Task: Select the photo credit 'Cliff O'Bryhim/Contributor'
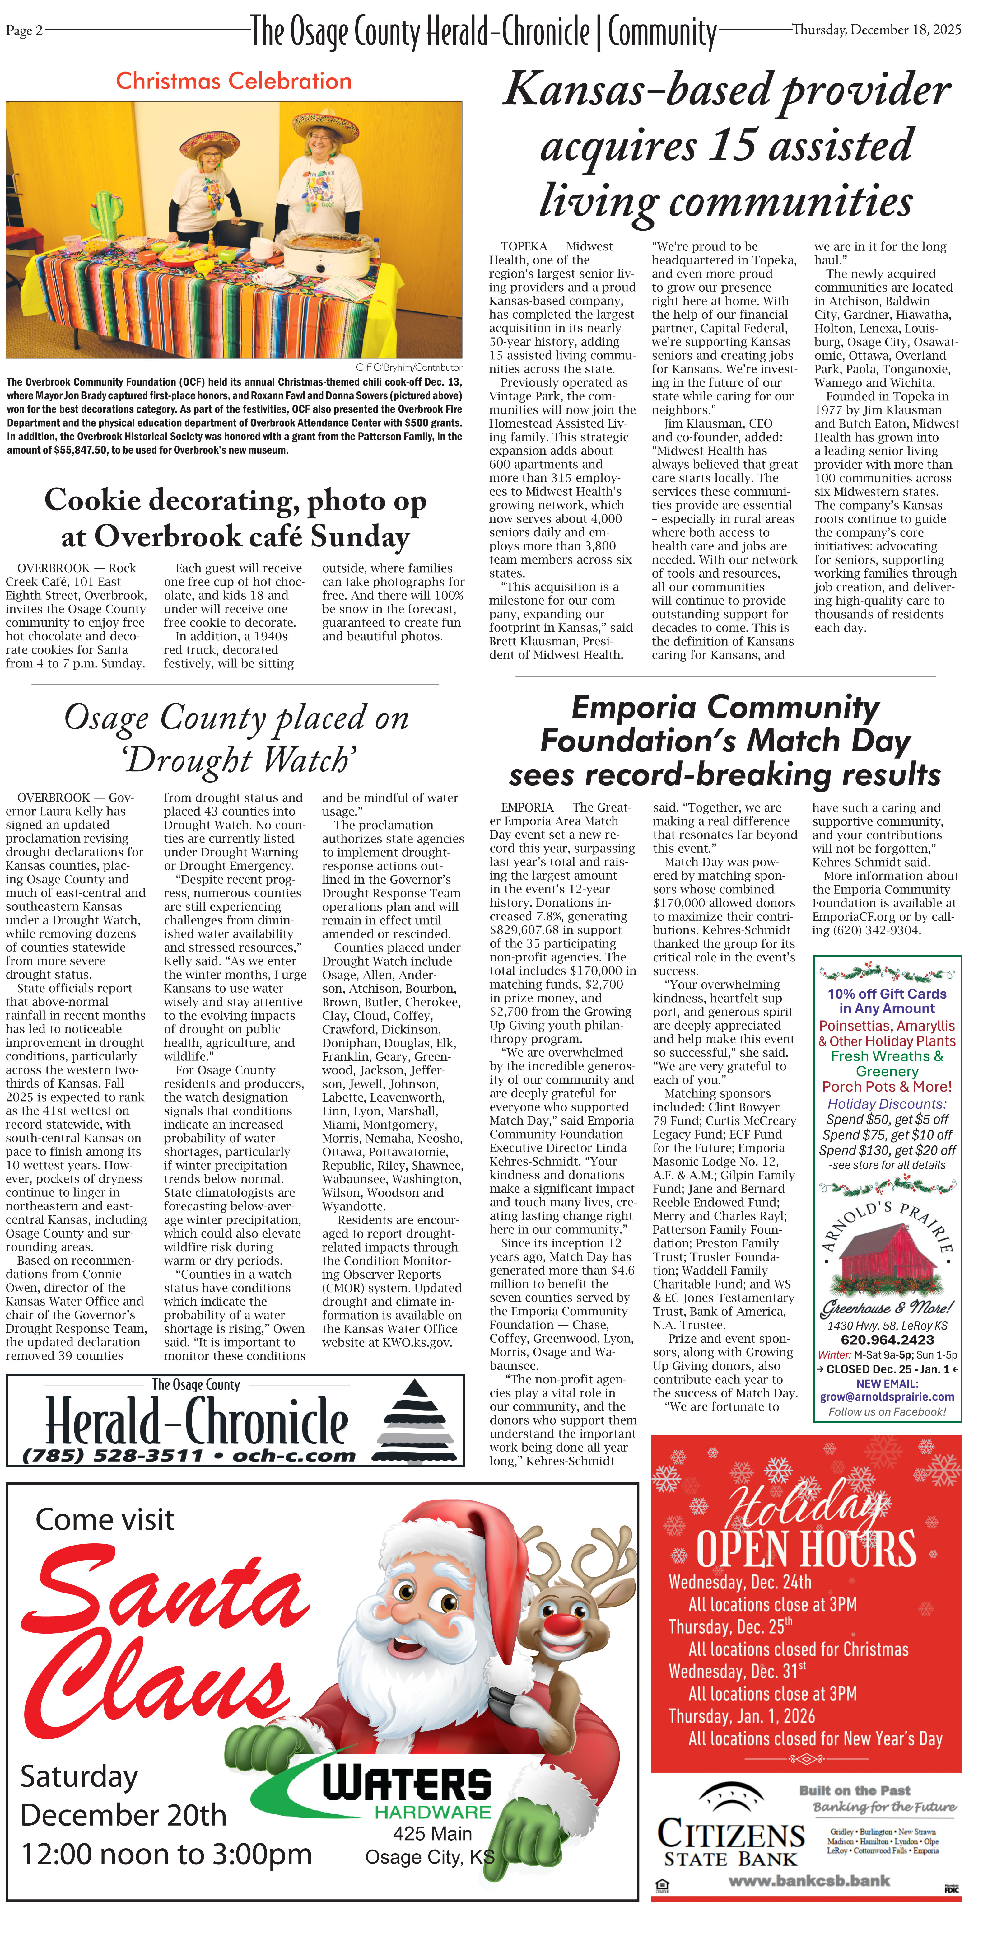coord(408,368)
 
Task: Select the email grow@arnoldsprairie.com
coord(887,1397)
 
